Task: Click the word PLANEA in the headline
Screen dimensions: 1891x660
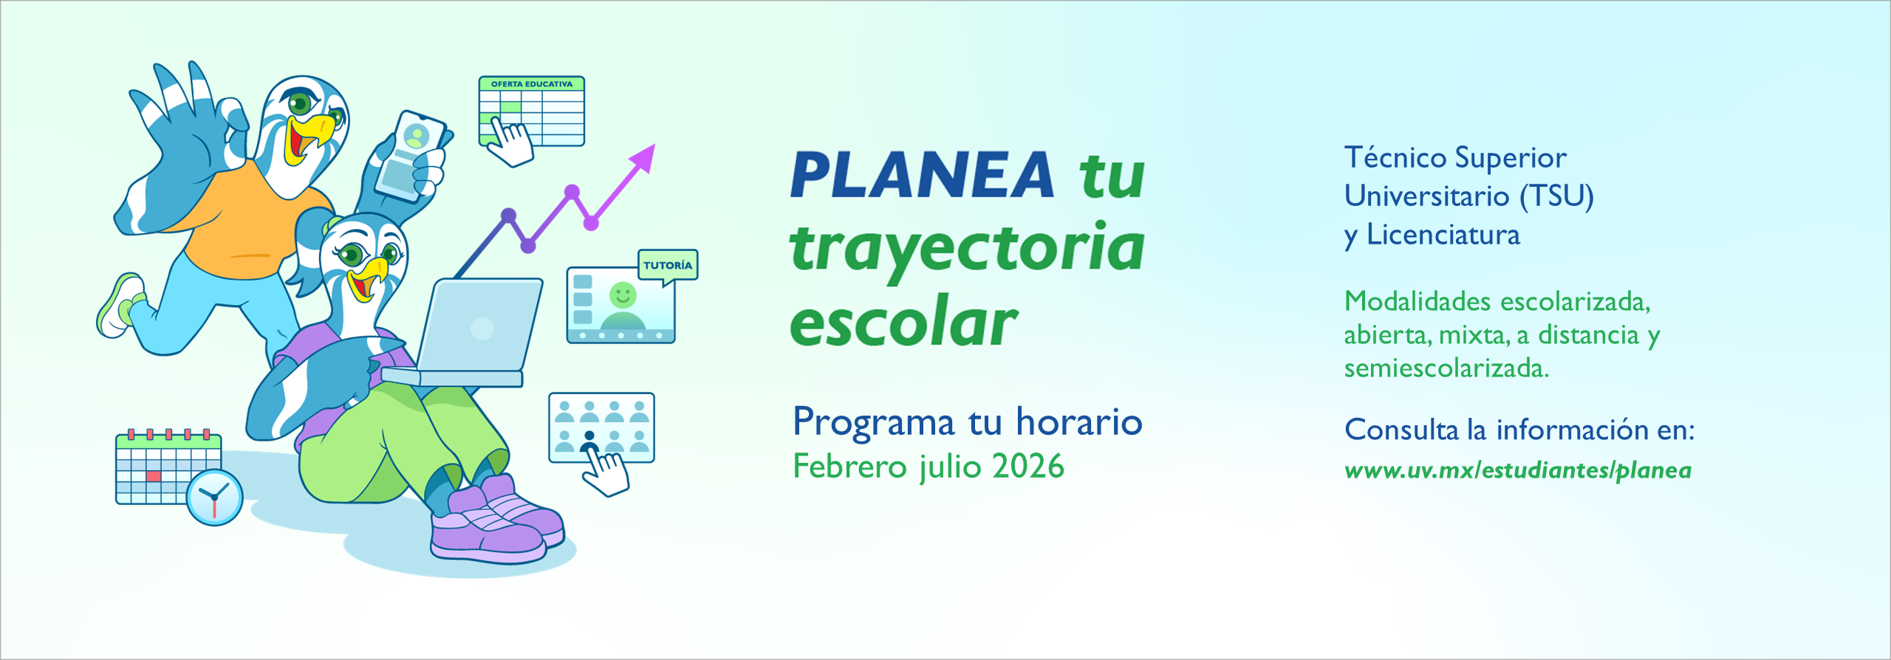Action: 922,175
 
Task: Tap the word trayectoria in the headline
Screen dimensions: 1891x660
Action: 967,250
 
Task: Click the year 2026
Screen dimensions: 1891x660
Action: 1027,467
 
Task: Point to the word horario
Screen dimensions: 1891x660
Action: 1079,422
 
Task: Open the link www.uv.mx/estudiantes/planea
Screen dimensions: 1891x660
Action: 1518,470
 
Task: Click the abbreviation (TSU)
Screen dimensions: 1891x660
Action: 1556,196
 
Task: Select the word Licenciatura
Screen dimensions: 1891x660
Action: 1443,235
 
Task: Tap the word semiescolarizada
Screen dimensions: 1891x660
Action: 1446,368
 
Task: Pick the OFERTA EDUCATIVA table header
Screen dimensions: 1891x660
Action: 532,84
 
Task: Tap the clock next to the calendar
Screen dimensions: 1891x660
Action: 214,498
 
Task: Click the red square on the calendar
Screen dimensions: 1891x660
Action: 154,476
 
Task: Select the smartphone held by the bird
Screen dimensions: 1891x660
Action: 411,157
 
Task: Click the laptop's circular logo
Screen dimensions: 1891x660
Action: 482,328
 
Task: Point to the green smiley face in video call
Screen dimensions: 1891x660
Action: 623,295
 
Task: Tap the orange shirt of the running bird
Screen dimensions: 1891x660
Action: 244,225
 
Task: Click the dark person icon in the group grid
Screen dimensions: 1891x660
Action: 589,442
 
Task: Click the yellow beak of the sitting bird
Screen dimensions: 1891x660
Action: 367,278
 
